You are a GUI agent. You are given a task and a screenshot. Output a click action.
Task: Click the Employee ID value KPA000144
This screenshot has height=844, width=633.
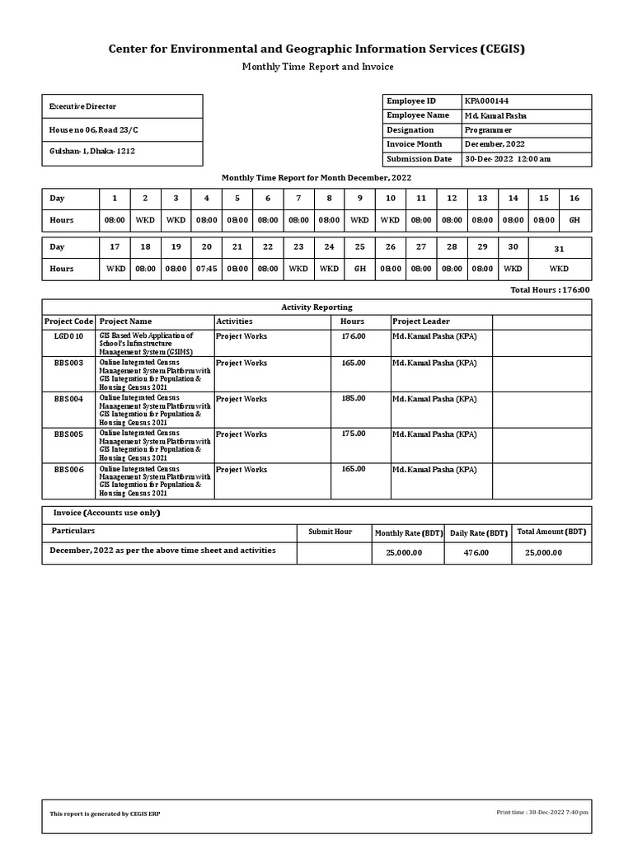pos(491,101)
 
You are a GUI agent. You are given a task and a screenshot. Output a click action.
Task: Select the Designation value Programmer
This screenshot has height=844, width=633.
pos(488,130)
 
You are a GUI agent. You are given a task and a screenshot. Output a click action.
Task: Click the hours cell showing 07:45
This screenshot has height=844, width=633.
pos(206,269)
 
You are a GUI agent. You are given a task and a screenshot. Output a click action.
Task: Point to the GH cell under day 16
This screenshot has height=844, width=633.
pos(574,220)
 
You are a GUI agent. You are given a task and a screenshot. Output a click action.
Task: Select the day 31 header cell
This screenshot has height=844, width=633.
pos(559,248)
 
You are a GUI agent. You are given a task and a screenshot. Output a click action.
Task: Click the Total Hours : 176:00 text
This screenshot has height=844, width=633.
pos(550,290)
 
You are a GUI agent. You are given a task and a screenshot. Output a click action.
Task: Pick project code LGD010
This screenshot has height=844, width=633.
pos(68,336)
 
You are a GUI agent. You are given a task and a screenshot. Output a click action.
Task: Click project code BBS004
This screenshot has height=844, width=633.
pos(68,399)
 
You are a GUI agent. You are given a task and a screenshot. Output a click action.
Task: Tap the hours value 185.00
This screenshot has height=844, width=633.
pos(354,398)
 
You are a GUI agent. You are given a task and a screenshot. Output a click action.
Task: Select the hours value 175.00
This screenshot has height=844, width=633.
pos(354,434)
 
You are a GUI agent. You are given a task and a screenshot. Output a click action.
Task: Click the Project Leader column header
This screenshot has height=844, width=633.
pos(421,321)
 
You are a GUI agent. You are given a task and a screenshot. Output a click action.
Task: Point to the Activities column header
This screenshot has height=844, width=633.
pos(234,321)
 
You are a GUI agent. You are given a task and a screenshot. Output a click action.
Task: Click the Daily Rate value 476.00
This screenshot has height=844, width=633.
pos(476,552)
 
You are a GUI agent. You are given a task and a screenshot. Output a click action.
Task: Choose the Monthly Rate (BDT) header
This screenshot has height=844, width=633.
pos(409,533)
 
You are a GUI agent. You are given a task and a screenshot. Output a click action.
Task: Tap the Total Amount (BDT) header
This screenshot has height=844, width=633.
pos(551,532)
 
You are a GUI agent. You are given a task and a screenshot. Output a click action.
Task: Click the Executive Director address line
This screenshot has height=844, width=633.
pos(82,106)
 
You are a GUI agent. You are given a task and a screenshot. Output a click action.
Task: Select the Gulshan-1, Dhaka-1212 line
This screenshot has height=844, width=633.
pos(92,152)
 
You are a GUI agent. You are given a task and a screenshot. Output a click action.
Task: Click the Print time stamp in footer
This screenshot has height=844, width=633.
pos(542,813)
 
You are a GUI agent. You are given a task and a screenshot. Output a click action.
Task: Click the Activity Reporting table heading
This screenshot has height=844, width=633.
pos(316,307)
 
